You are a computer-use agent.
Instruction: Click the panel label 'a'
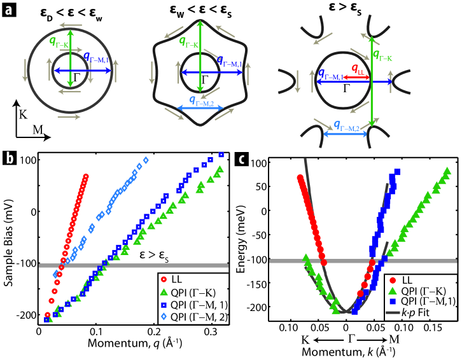[8, 11]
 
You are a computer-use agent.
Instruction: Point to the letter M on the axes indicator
[38, 130]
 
